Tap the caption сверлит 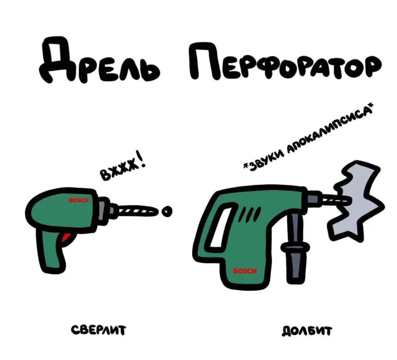(98, 330)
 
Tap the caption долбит (307, 331)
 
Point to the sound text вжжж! (123, 166)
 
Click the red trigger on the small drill (66, 238)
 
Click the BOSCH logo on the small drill (79, 200)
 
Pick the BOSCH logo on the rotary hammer (245, 271)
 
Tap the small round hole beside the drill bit (167, 211)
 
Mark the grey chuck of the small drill (107, 210)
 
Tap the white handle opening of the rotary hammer (222, 226)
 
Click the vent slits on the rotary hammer (251, 214)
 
